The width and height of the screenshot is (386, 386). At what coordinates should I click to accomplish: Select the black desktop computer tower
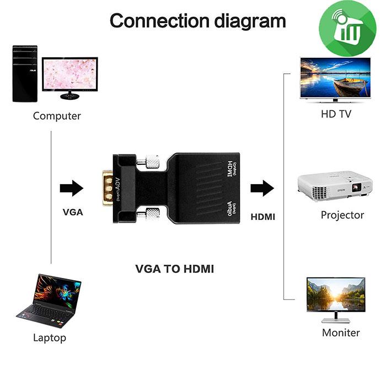pyautogui.click(x=25, y=74)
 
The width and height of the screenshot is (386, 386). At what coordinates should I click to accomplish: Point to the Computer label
pyautogui.click(x=57, y=116)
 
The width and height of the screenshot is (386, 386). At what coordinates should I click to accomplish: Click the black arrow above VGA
pyautogui.click(x=71, y=188)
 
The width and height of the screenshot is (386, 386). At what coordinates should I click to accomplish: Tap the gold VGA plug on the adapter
pyautogui.click(x=109, y=188)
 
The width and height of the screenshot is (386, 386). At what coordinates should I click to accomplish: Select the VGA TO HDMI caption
pyautogui.click(x=174, y=269)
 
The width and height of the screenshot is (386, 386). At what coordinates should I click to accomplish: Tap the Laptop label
pyautogui.click(x=50, y=337)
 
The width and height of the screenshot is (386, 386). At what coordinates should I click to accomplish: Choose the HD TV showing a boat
pyautogui.click(x=335, y=78)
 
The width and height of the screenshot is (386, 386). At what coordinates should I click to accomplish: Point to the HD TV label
pyautogui.click(x=336, y=115)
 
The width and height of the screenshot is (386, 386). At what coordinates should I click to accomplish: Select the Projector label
pyautogui.click(x=342, y=215)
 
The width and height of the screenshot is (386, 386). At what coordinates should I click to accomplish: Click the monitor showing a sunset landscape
pyautogui.click(x=335, y=298)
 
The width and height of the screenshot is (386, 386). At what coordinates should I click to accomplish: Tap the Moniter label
pyautogui.click(x=341, y=333)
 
